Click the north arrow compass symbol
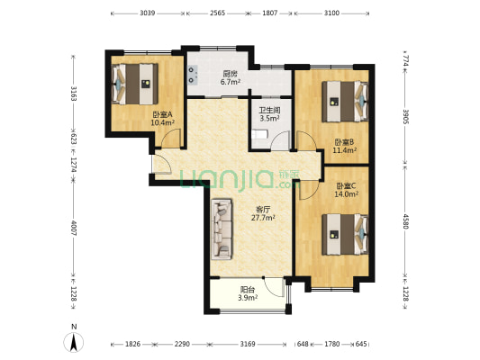click(74, 342)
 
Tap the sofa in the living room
click(221, 229)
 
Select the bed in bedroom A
click(135, 84)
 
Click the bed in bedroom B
click(345, 101)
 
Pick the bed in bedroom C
click(345, 234)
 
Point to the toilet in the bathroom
click(260, 135)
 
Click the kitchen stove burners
click(193, 76)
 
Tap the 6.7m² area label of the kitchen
click(231, 82)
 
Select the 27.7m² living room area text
click(263, 218)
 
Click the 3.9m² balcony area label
click(248, 297)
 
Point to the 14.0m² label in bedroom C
click(346, 193)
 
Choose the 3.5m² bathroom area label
click(269, 118)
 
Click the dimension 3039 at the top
click(148, 13)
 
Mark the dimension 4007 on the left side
click(74, 228)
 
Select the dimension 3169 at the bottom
click(248, 344)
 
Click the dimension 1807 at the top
click(270, 13)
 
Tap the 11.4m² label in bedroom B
click(344, 150)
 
